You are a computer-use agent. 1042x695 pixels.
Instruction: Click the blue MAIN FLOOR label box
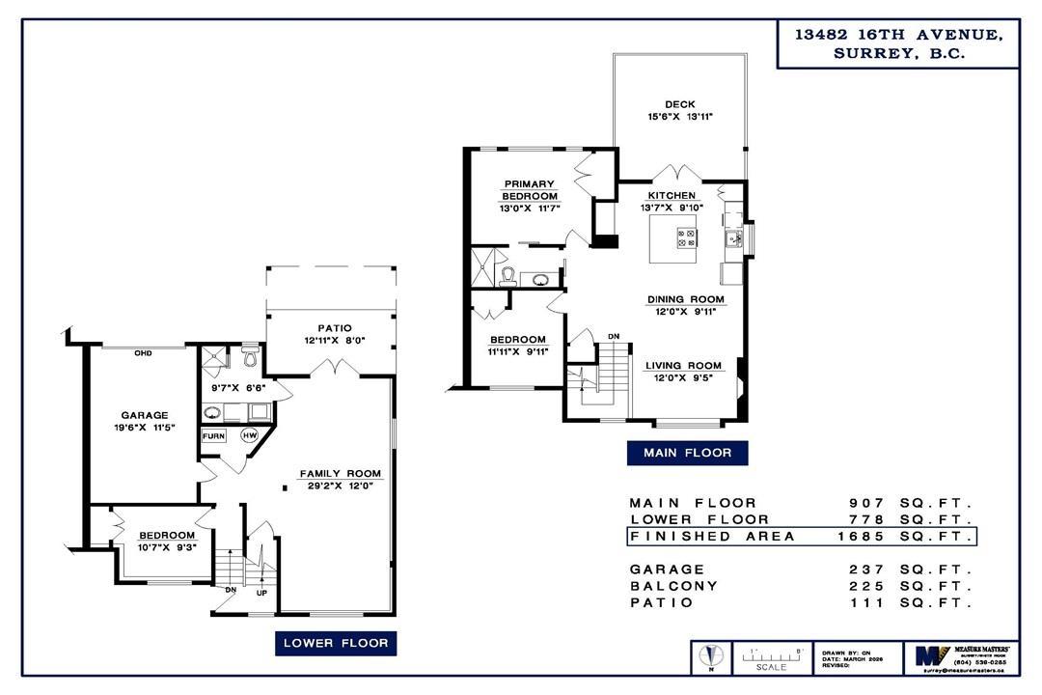[x=686, y=452]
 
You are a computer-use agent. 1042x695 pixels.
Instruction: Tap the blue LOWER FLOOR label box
[x=336, y=642]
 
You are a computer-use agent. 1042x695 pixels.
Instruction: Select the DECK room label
[x=679, y=104]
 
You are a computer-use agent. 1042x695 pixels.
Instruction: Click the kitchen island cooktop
[x=688, y=237]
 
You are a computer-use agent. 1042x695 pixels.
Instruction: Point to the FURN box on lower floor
[x=213, y=436]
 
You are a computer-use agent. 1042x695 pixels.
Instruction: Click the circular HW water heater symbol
[x=250, y=435]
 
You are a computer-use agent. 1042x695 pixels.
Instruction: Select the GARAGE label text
[x=145, y=415]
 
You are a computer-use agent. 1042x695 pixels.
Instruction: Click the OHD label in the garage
[x=143, y=352]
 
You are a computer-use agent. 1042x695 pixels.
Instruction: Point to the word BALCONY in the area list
[x=673, y=586]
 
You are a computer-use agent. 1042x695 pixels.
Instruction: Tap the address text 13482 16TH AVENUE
[x=897, y=34]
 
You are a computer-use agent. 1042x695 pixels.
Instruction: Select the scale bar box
[x=772, y=657]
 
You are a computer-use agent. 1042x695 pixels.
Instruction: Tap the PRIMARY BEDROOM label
[x=529, y=190]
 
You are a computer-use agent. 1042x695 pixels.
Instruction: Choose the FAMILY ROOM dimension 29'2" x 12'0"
[x=340, y=486]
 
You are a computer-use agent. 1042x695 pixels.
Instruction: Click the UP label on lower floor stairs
[x=261, y=593]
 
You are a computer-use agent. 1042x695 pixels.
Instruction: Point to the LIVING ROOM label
[x=683, y=366]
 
